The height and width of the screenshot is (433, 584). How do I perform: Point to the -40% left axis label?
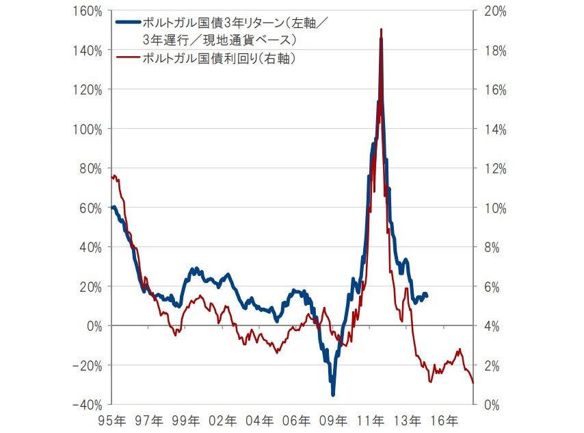tap(88, 404)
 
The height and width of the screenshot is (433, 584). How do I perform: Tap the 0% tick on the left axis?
tap(96, 326)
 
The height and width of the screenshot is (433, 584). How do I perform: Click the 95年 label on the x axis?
tap(111, 419)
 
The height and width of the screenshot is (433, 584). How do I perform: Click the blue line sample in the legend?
tap(128, 21)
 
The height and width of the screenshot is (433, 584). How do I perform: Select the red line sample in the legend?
tap(128, 59)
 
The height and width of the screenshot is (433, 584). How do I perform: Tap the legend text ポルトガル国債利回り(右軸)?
tap(218, 59)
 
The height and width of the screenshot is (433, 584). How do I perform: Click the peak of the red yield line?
tap(381, 29)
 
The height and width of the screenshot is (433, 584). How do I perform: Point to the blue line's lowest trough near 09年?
tap(333, 394)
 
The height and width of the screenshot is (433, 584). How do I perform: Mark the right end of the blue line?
tap(427, 295)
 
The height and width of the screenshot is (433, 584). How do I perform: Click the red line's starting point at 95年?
tap(112, 176)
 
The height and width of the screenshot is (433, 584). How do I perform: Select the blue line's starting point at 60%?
tap(113, 207)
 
